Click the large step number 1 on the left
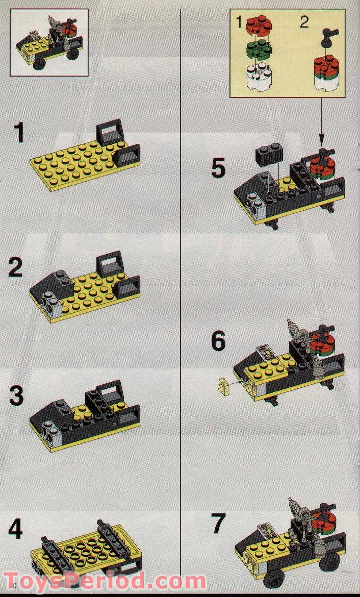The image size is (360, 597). click(19, 133)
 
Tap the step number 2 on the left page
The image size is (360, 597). click(15, 267)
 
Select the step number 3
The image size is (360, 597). click(16, 396)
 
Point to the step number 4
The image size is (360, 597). click(16, 529)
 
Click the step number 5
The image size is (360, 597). click(218, 168)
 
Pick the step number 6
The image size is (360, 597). click(218, 341)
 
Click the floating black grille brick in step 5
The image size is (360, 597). click(269, 155)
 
